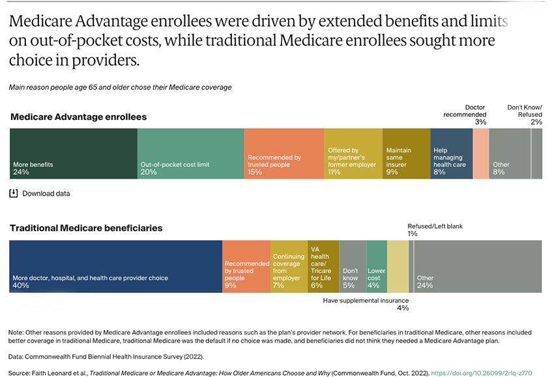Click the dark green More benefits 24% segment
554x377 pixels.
pyautogui.click(x=73, y=153)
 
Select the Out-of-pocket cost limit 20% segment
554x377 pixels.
pyautogui.click(x=190, y=153)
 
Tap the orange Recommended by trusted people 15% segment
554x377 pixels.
pyautogui.click(x=284, y=153)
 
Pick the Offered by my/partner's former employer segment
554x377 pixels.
pyautogui.click(x=353, y=153)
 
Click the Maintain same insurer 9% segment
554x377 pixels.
pyautogui.click(x=406, y=153)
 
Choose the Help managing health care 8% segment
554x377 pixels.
pyautogui.click(x=451, y=153)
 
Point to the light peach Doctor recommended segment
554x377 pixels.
pyautogui.click(x=480, y=153)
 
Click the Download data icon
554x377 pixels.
pyautogui.click(x=14, y=193)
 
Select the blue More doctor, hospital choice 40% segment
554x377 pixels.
pyautogui.click(x=115, y=266)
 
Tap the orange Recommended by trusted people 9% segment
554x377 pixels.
pyautogui.click(x=246, y=266)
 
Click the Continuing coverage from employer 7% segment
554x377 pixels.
pyautogui.click(x=289, y=266)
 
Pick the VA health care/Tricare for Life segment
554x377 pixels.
pyautogui.click(x=323, y=266)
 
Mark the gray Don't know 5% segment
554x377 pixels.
pyautogui.click(x=353, y=266)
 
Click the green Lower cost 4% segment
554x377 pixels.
pyautogui.click(x=377, y=266)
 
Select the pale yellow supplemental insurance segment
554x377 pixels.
pyautogui.click(x=398, y=266)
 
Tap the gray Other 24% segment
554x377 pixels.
pyautogui.click(x=478, y=266)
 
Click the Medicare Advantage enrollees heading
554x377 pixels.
pyautogui.click(x=78, y=117)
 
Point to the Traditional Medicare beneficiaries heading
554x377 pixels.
pyautogui.click(x=86, y=228)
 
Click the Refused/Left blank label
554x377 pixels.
pyautogui.click(x=435, y=226)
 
